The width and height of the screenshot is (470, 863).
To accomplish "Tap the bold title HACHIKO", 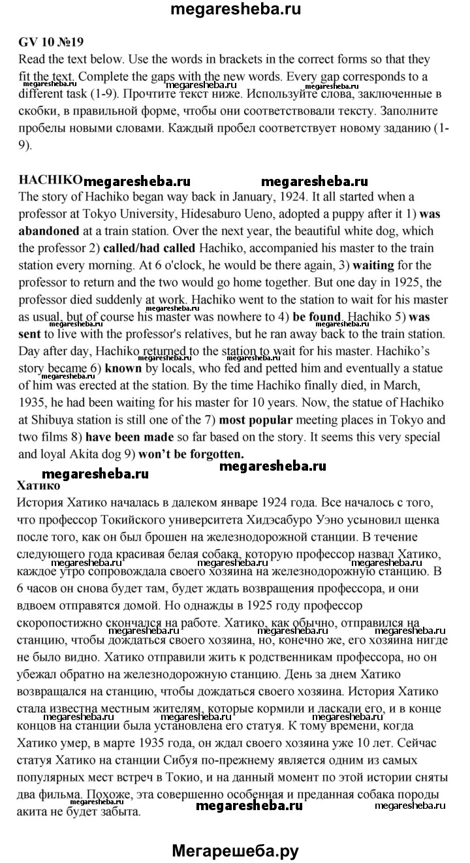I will click(50, 180).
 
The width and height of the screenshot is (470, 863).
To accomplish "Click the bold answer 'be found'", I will click(317, 318).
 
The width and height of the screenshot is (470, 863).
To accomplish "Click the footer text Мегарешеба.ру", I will click(235, 849).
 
